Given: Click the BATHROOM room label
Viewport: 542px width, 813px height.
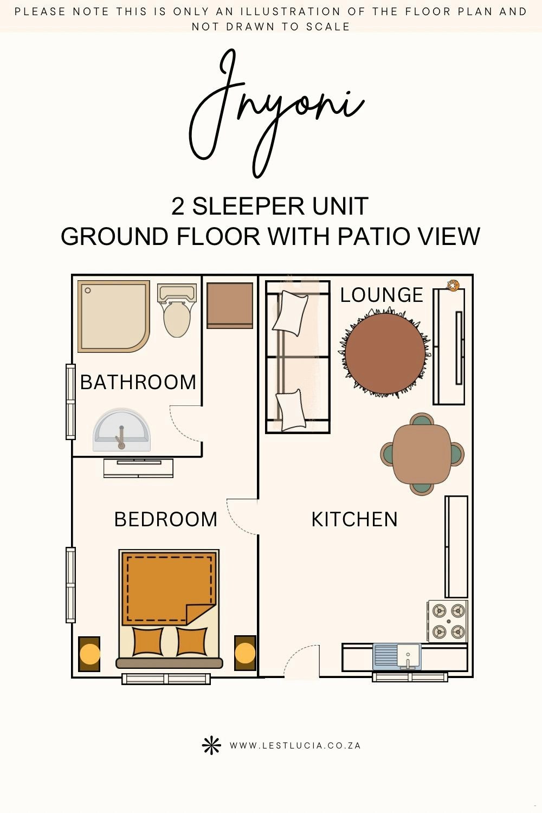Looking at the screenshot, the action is click(x=138, y=382).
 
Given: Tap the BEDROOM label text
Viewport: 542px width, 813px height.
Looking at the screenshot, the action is click(x=165, y=519).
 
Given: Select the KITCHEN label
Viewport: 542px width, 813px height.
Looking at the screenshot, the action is click(x=354, y=519).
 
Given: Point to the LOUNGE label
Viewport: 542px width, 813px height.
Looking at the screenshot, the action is click(x=382, y=295).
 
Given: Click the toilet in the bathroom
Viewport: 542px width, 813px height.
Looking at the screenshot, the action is click(x=177, y=311).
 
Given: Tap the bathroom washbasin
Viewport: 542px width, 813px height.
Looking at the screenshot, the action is click(x=121, y=430).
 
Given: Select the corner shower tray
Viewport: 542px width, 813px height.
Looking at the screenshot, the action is click(x=114, y=317).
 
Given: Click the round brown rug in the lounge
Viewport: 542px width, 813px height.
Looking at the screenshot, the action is click(x=385, y=353).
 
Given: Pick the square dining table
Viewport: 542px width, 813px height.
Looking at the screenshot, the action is click(x=422, y=454).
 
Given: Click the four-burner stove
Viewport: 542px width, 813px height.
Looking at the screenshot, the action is click(x=448, y=621).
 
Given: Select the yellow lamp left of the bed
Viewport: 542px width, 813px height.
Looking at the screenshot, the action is click(x=89, y=654).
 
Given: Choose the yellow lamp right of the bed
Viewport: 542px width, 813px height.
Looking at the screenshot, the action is click(x=245, y=653).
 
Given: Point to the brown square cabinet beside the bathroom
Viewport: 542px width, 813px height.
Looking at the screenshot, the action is click(x=230, y=306).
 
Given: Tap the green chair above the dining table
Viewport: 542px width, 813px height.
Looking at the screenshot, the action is click(x=421, y=419).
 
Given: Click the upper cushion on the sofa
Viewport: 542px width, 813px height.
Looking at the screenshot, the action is click(x=290, y=313).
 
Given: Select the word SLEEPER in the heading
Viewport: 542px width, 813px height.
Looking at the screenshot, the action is click(x=248, y=206).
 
